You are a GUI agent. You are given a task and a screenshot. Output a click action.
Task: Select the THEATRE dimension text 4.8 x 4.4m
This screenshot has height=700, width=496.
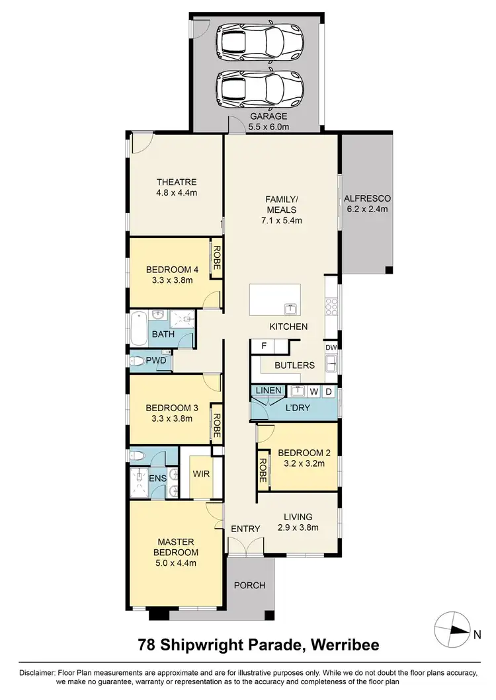point(177,193)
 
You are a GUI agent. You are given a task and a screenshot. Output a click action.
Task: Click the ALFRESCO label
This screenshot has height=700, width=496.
point(367,198)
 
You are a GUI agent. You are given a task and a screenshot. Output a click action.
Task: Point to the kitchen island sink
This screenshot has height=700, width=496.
point(289,308)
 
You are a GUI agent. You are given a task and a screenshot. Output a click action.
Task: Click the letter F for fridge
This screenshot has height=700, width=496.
point(263,346)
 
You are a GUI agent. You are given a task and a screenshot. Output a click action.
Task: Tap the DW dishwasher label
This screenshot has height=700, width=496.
point(331,347)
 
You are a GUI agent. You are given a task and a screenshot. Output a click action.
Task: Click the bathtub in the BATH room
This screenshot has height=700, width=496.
point(139,329)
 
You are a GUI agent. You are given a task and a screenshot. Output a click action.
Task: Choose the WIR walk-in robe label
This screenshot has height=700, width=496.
point(200,474)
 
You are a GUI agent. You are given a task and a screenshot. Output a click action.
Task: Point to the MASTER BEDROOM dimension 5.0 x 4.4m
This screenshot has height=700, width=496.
point(177,563)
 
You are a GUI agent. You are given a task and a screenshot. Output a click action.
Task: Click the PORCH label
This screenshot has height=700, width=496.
point(250,585)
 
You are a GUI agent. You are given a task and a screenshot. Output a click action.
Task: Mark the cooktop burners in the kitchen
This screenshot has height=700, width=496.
point(331,308)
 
